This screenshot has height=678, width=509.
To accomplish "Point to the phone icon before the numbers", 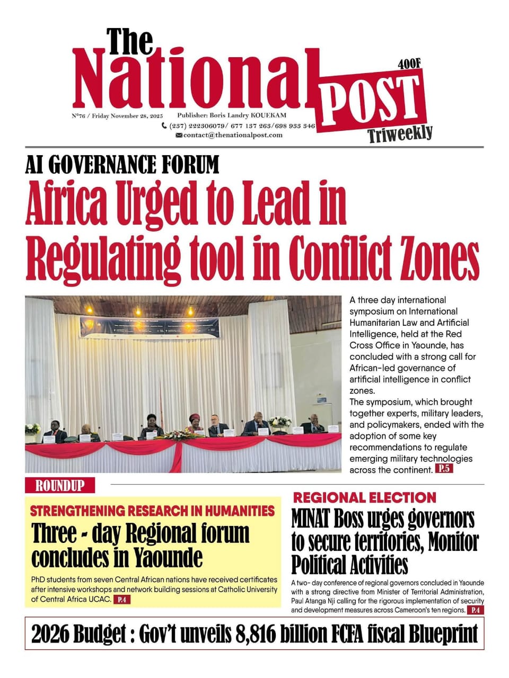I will [x=164, y=126].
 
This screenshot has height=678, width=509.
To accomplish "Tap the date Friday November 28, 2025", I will [x=127, y=116].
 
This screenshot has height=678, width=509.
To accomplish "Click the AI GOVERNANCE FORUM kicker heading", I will [x=122, y=165].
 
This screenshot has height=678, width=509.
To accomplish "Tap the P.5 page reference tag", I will [x=444, y=468].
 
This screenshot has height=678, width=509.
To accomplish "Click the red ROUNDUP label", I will [x=59, y=486].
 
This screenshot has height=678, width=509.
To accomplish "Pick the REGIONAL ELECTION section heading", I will [x=364, y=497].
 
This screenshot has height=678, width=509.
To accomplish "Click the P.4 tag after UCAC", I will [x=122, y=600].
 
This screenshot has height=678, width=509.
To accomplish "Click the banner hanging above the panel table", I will [x=149, y=326].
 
